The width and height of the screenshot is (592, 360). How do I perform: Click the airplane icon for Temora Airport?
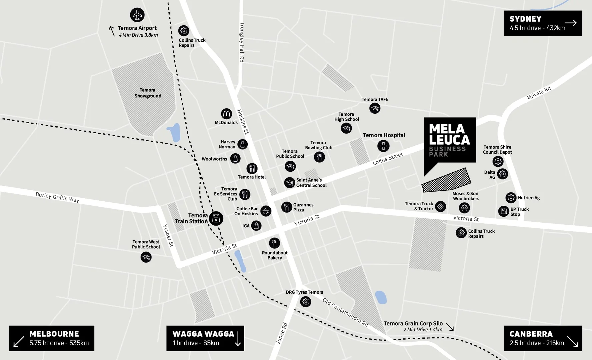[137, 15]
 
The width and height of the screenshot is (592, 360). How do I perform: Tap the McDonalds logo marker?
[226, 114]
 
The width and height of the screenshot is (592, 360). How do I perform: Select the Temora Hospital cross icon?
[383, 146]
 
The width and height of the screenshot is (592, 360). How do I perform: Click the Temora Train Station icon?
[216, 219]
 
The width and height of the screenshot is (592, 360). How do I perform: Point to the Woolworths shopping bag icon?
[235, 159]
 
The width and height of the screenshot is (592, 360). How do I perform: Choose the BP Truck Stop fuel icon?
[504, 211]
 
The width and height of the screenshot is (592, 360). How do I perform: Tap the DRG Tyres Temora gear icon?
[305, 302]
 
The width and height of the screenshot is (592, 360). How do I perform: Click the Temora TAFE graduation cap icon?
[375, 108]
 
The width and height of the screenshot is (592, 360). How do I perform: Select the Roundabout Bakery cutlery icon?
[274, 243]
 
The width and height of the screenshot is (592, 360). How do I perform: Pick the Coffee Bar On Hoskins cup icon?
[266, 211]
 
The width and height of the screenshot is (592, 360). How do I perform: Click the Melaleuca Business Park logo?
[450, 140]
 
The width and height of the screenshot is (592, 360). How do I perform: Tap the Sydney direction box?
[543, 23]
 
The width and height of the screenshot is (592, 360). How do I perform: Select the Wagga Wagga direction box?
[205, 338]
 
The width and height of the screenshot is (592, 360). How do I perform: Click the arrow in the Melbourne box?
[19, 341]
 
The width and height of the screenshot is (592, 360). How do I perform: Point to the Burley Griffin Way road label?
[57, 197]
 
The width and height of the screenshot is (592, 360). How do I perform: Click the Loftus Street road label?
[388, 159]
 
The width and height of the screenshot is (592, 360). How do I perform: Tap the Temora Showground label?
[148, 93]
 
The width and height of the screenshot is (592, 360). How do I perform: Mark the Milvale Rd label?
[539, 93]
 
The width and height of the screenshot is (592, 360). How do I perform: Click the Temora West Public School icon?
[146, 257]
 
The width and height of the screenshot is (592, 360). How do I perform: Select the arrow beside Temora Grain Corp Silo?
[450, 327]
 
